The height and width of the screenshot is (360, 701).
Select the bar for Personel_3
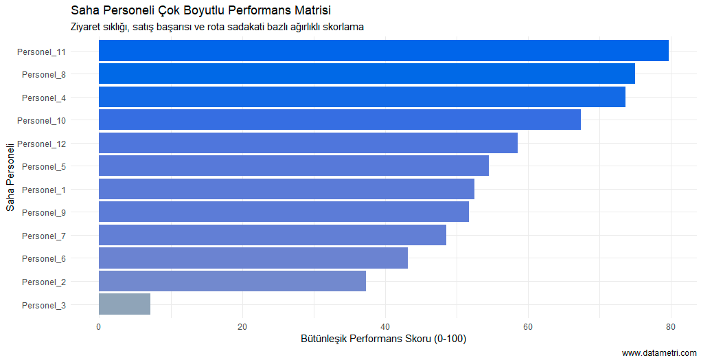pos(124,304)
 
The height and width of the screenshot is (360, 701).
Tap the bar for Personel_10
pos(339,120)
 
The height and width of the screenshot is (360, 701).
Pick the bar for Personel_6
pos(253,258)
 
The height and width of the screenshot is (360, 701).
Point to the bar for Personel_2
pos(232,282)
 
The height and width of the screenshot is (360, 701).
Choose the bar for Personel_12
pos(308,143)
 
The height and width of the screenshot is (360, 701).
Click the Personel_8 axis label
pos(44,74)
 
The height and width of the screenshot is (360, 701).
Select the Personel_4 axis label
pos(44,98)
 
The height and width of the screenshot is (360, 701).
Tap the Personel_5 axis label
pos(44,166)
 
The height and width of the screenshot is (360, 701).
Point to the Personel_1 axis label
pos(44,190)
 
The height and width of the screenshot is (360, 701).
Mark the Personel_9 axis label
pos(44,212)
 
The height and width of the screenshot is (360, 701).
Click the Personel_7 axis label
pos(44,236)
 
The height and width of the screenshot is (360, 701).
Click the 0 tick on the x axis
pos(99,326)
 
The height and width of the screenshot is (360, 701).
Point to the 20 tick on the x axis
pos(242,326)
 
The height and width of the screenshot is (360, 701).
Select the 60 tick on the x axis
pos(528,326)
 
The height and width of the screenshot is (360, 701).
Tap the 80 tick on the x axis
pos(671,326)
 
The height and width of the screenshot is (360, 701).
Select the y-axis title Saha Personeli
pos(10,177)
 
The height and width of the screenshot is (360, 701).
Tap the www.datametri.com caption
pos(659,352)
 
